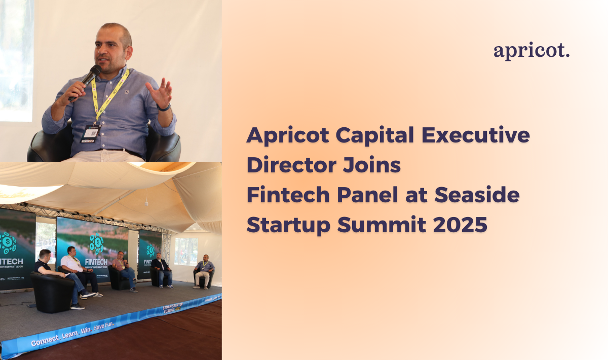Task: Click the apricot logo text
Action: [x=531, y=51]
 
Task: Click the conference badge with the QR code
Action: [x=90, y=133]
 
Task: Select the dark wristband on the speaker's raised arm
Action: [x=163, y=107]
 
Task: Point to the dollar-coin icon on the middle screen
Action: [x=96, y=244]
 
